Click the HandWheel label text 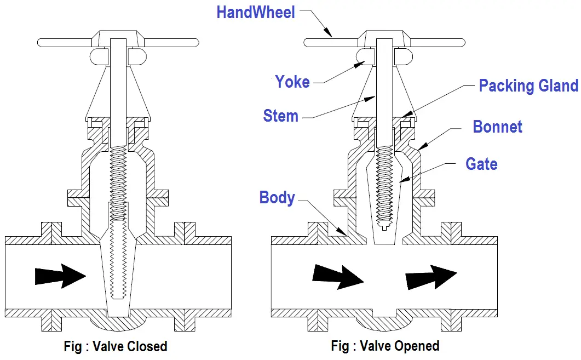pos(256,13)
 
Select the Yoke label pos(292,82)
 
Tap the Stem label pos(280,116)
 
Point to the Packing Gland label pos(528,86)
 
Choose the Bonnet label pos(497,127)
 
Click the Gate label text pos(481,164)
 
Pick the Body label pos(277,198)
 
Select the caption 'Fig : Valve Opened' pos(385,346)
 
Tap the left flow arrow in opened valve pos(335,276)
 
